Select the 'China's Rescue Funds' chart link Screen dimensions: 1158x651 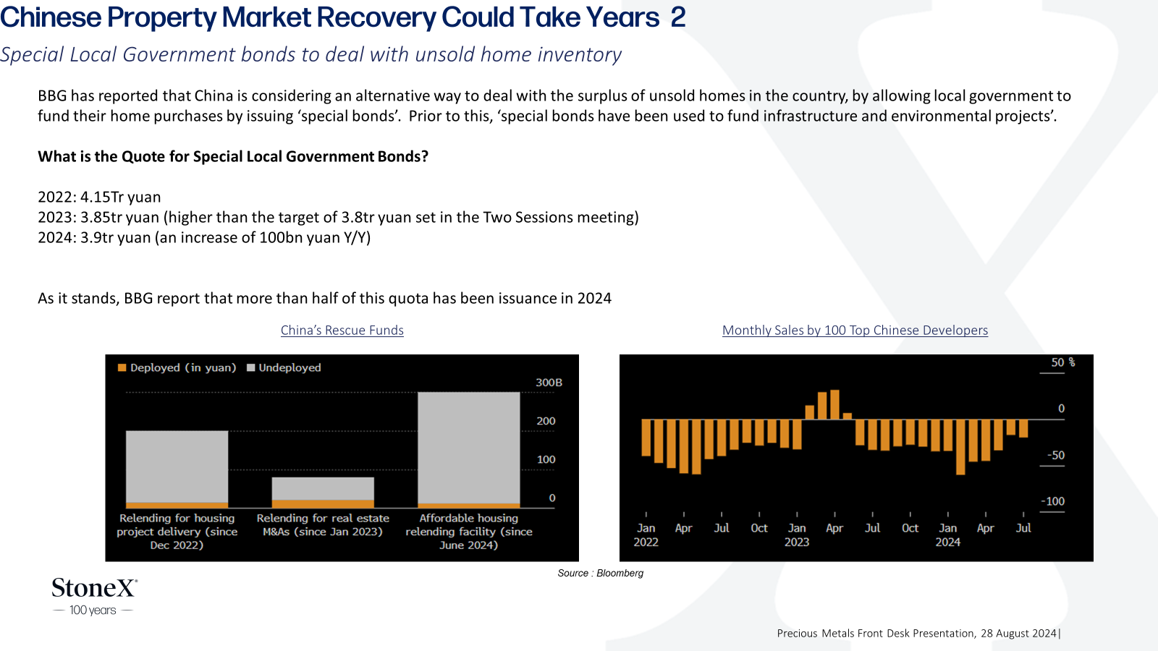click(342, 330)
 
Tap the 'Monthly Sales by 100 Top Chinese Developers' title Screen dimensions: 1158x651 click(855, 330)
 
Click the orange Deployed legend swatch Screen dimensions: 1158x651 click(122, 368)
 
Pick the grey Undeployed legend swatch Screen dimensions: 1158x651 click(250, 368)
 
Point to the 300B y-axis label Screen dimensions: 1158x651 click(549, 383)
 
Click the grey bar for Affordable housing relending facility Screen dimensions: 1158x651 click(469, 448)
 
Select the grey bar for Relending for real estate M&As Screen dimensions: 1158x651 click(323, 489)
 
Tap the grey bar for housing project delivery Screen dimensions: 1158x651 click(177, 467)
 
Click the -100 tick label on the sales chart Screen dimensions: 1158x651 click(1052, 501)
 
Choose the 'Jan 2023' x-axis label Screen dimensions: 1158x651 click(797, 535)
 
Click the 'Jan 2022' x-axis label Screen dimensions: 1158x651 click(646, 535)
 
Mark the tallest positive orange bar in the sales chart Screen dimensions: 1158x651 click(834, 404)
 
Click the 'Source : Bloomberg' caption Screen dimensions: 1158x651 click(600, 573)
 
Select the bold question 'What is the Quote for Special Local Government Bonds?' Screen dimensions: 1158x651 click(233, 156)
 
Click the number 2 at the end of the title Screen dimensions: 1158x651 click(678, 17)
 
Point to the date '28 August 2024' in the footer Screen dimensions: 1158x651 click(1018, 634)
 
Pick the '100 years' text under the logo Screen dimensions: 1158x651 click(93, 610)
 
